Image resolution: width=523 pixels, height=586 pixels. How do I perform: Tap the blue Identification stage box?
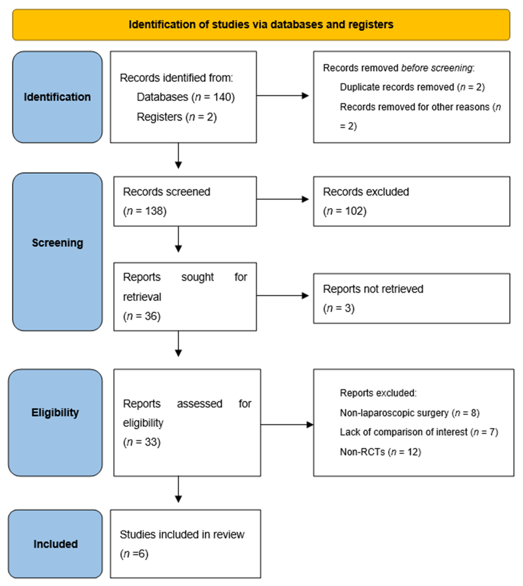tap(57, 97)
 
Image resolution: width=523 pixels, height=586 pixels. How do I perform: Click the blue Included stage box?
tap(55, 544)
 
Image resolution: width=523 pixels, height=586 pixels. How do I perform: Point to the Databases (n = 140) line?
tap(186, 97)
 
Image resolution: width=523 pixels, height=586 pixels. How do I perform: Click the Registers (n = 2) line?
tap(176, 117)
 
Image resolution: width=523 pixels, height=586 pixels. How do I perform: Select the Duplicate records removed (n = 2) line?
tap(412, 87)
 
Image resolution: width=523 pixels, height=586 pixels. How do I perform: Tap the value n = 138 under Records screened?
tap(144, 211)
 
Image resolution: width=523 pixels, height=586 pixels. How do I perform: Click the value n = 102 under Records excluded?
tap(345, 211)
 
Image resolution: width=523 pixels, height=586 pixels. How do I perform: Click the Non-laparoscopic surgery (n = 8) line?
tap(409, 413)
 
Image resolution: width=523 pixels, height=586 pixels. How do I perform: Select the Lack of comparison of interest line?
tap(419, 432)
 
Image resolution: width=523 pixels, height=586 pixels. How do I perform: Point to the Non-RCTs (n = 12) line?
tap(380, 452)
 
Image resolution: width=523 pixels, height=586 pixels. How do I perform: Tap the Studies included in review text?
tap(182, 534)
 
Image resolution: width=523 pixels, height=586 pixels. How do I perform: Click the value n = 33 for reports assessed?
tap(142, 442)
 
